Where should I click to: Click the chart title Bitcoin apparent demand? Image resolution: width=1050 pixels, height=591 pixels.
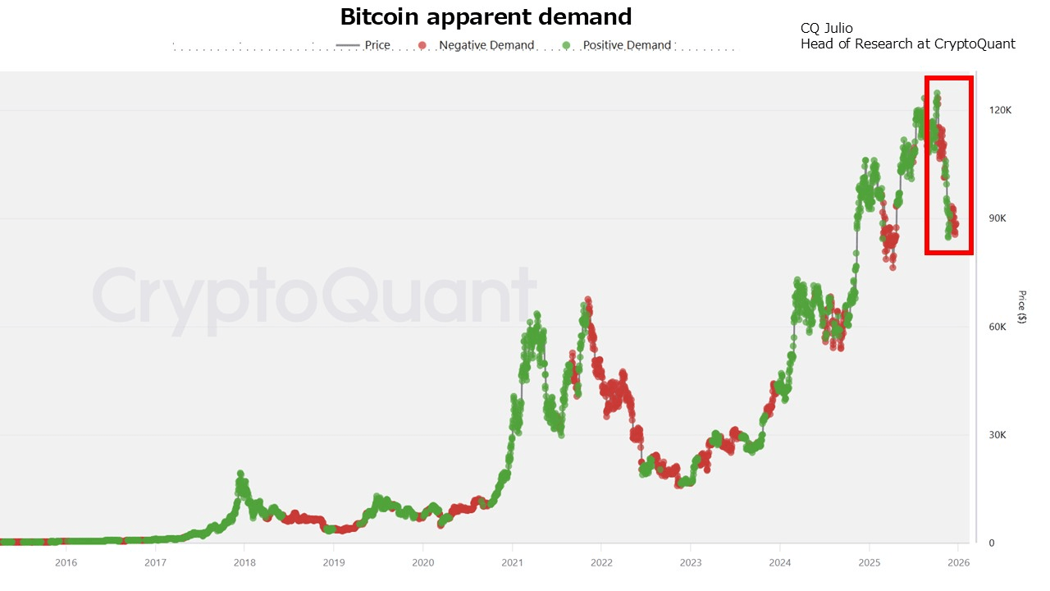coord(486,16)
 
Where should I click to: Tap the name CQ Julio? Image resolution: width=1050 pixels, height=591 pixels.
coord(826,29)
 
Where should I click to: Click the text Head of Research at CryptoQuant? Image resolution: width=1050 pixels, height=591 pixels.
coord(907,44)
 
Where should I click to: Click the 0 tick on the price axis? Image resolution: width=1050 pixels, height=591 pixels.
coord(991,543)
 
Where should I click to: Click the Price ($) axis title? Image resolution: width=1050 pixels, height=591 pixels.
coord(1021,307)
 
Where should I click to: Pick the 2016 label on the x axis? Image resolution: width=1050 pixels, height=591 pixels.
coord(66,562)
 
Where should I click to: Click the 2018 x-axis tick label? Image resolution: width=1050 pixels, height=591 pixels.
coord(244,562)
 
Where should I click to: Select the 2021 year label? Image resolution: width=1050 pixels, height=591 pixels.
coord(512,562)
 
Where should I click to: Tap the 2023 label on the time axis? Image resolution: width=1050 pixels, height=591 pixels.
coord(691,562)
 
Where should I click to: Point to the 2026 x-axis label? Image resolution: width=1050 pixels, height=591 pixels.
coord(958,562)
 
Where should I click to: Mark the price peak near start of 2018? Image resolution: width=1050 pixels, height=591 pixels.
coord(240,474)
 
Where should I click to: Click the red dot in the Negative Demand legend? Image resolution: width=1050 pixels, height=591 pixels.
coord(422,45)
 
